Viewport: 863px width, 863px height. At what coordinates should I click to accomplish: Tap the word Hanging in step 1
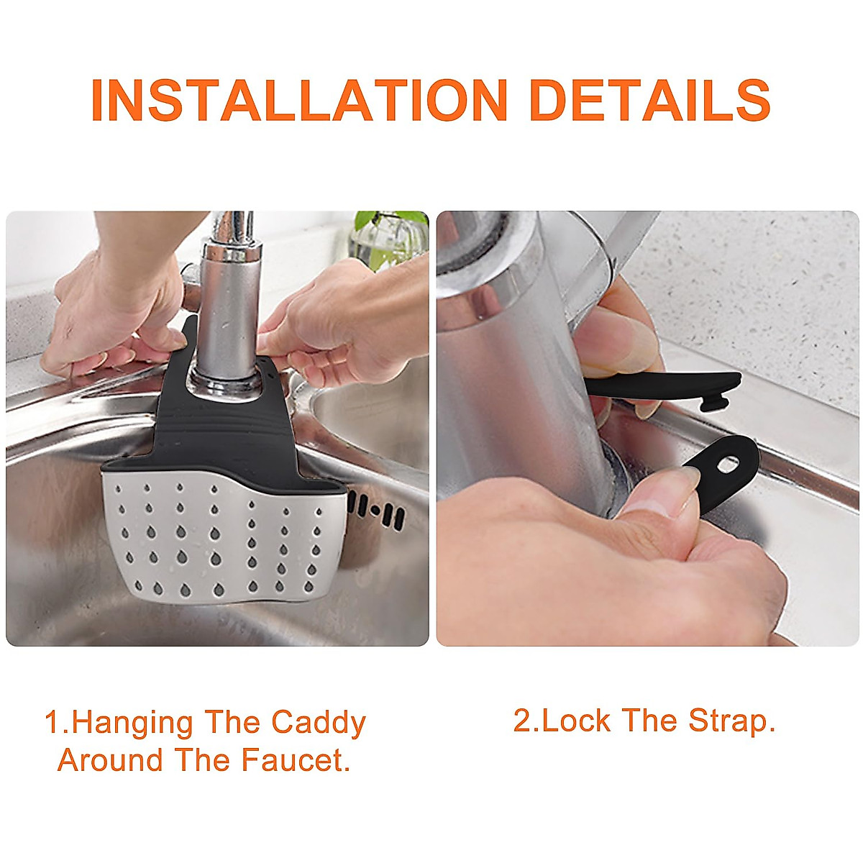(x=133, y=722)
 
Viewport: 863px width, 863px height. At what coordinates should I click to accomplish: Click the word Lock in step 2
(x=576, y=721)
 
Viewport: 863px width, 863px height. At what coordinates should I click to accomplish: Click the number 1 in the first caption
(x=52, y=723)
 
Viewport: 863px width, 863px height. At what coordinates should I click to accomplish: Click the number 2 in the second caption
(x=521, y=721)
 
